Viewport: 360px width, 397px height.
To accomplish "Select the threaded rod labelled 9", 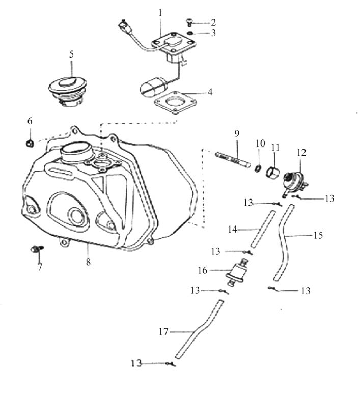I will [x=234, y=158].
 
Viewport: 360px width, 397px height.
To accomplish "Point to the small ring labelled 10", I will [x=259, y=168].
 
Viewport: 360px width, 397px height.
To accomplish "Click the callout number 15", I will [x=319, y=236].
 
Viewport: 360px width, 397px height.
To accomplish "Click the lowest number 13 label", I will [x=136, y=364].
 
